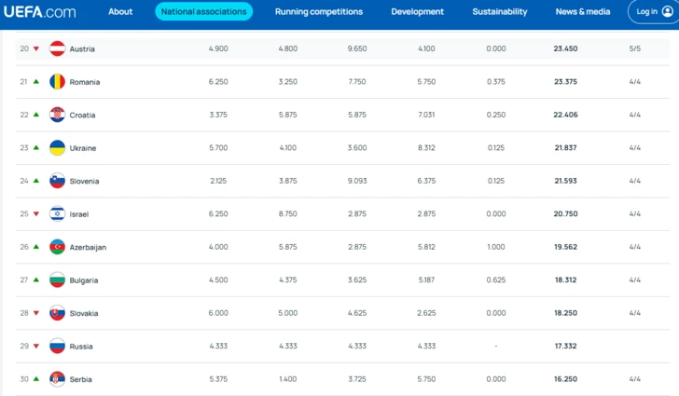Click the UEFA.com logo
pos(39,12)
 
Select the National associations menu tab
pos(203,12)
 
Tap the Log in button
pos(654,12)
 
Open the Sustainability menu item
pos(500,12)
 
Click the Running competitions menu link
pos(319,12)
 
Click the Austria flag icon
pos(57,48)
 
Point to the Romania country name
pos(85,82)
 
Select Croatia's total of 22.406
pos(565,115)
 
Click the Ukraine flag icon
pos(57,147)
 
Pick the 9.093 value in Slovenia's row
pos(357,181)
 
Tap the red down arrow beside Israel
pos(36,213)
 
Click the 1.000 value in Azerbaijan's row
pos(496,247)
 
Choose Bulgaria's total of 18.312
pos(565,280)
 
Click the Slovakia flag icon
pos(57,313)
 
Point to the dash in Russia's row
pos(496,347)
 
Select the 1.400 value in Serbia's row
pos(288,379)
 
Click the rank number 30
pos(24,379)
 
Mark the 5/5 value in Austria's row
pos(635,48)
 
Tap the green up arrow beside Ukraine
pos(36,147)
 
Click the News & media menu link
pos(583,12)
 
